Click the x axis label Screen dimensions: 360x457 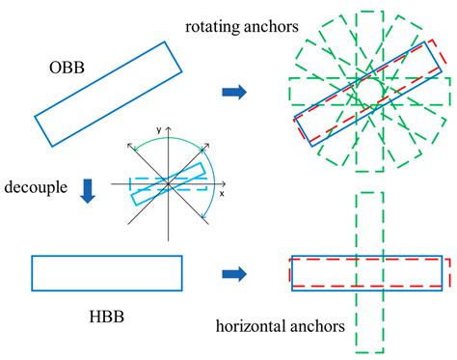point(222,193)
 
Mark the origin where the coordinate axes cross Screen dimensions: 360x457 point(168,181)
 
